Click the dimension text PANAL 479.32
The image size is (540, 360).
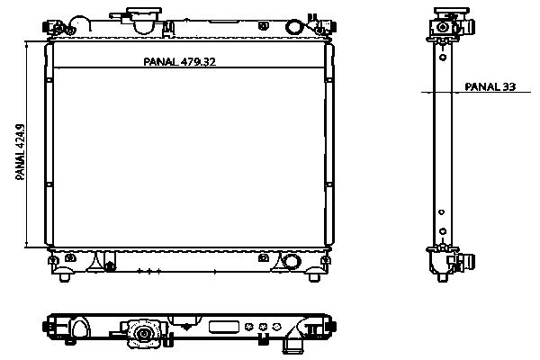point(180,62)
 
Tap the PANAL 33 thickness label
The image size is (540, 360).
point(490,86)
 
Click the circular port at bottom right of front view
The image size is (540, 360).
point(291,262)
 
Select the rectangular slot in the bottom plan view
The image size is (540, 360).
point(223,328)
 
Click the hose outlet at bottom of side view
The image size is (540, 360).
point(464,264)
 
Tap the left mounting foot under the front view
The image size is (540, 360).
point(63,275)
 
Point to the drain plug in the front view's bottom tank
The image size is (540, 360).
point(110,265)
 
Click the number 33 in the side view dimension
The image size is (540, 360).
point(509,86)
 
